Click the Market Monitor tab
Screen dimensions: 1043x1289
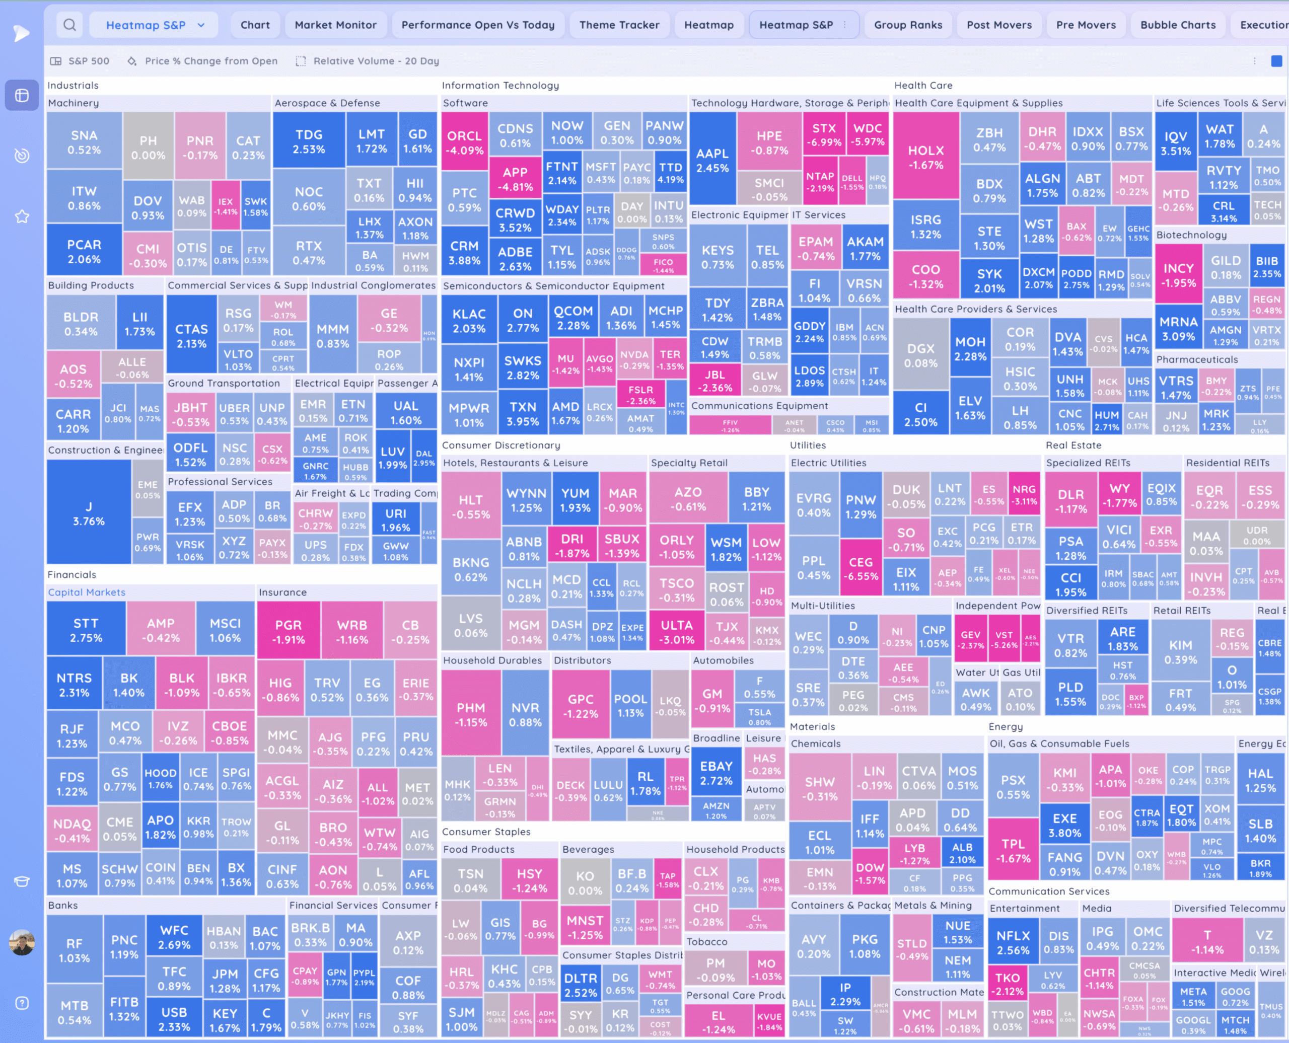[335, 25]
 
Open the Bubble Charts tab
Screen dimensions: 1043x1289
[1177, 25]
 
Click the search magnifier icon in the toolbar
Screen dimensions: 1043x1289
[69, 25]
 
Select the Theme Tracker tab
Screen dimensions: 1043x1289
[619, 25]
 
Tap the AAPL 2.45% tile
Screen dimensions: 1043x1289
[712, 161]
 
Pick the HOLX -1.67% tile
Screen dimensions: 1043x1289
[925, 157]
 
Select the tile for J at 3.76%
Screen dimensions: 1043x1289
[89, 513]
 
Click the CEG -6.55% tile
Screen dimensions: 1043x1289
[861, 568]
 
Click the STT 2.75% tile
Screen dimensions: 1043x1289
[86, 630]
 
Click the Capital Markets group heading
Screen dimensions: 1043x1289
[87, 592]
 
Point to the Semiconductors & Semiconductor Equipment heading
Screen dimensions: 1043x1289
[553, 285]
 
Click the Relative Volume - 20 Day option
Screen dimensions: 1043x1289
[376, 61]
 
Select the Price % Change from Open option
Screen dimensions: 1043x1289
[211, 61]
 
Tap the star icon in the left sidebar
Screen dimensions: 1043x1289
[22, 216]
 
